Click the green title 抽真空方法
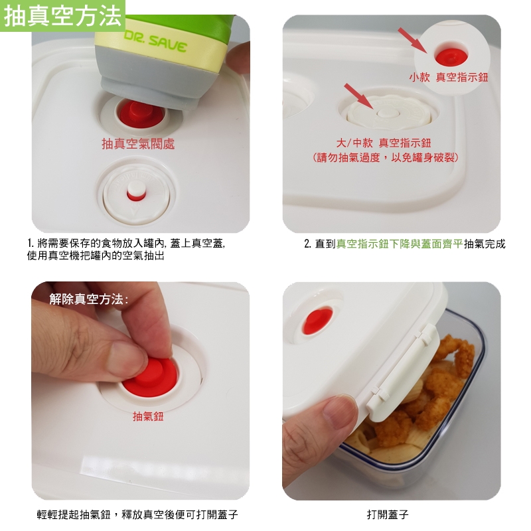pos(62,16)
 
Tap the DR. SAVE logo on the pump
pos(155,42)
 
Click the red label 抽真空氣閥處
pos(138,144)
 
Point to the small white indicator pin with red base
pos(136,191)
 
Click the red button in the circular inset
pos(451,56)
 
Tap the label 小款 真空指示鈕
pos(449,77)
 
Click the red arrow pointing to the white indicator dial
pos(359,96)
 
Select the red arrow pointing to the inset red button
pos(413,40)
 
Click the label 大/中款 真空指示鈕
pos(384,143)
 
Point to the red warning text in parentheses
pos(386,157)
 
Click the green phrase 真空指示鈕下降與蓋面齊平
pos(400,244)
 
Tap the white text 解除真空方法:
pos(89,299)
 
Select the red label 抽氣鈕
pos(148,416)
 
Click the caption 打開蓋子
pos(388,515)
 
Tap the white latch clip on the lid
pos(404,372)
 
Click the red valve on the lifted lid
pos(318,321)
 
